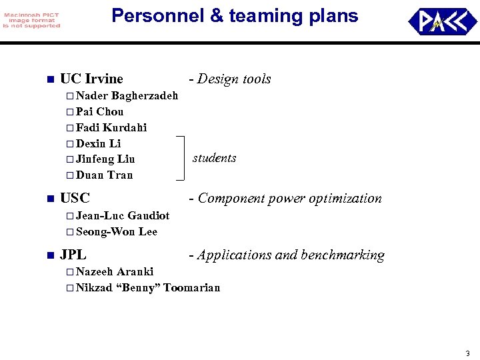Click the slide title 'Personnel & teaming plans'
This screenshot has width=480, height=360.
coord(235,16)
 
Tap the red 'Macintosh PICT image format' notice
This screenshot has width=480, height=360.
coord(31,20)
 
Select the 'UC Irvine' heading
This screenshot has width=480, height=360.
coord(91,79)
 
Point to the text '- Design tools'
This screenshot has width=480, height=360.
coord(230,79)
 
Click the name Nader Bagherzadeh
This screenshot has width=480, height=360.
coord(127,96)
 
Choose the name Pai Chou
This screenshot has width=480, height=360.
coord(99,111)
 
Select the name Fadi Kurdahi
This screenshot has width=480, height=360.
coord(111,127)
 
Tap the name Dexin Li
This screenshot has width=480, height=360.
coord(98,143)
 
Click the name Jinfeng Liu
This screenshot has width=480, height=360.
coord(105,159)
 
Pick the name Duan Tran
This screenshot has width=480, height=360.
coord(104,175)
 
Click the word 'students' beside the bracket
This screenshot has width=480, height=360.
coord(215,158)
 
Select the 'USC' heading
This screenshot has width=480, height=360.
coord(75,198)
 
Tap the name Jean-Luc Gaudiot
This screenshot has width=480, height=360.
coord(123,215)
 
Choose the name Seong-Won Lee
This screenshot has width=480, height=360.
coord(117,231)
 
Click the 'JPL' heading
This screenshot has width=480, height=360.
coord(73,255)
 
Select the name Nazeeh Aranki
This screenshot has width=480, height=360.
coord(115,271)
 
